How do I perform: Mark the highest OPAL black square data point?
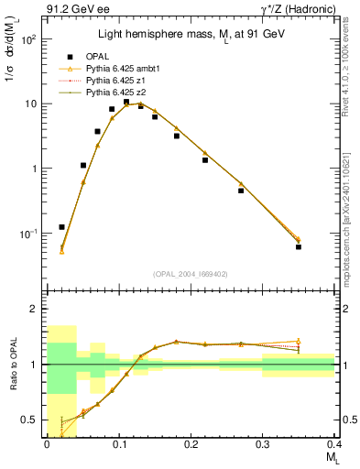tap(126, 103)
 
